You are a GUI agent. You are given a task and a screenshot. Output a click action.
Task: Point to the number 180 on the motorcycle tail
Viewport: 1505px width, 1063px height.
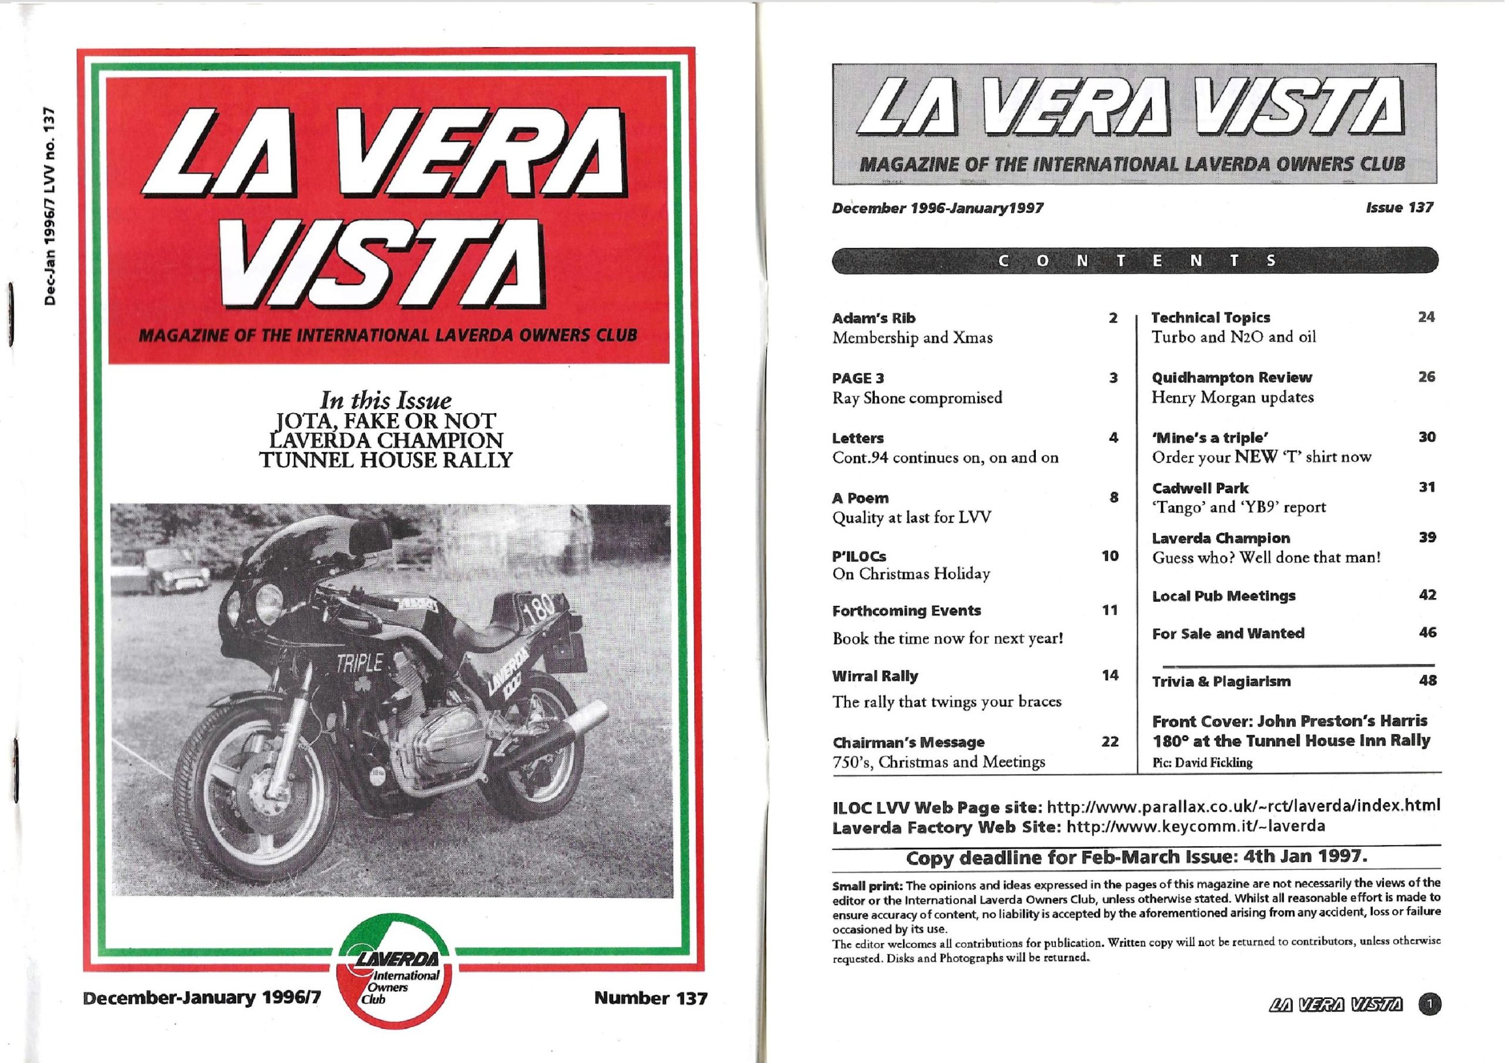click(539, 611)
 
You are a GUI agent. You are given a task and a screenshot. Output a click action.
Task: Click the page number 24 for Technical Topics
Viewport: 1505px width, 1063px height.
click(1426, 317)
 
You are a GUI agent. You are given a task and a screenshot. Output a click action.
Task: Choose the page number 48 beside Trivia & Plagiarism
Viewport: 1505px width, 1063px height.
click(1427, 680)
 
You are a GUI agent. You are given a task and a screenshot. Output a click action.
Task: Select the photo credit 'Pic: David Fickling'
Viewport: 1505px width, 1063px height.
click(1202, 763)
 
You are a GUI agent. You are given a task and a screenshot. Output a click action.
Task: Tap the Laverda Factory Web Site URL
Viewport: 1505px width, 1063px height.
click(1196, 826)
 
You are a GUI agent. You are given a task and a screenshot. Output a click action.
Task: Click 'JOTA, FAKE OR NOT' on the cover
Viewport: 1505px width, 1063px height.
click(386, 421)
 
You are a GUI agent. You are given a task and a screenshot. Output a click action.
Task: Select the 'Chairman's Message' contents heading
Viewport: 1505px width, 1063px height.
click(908, 743)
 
